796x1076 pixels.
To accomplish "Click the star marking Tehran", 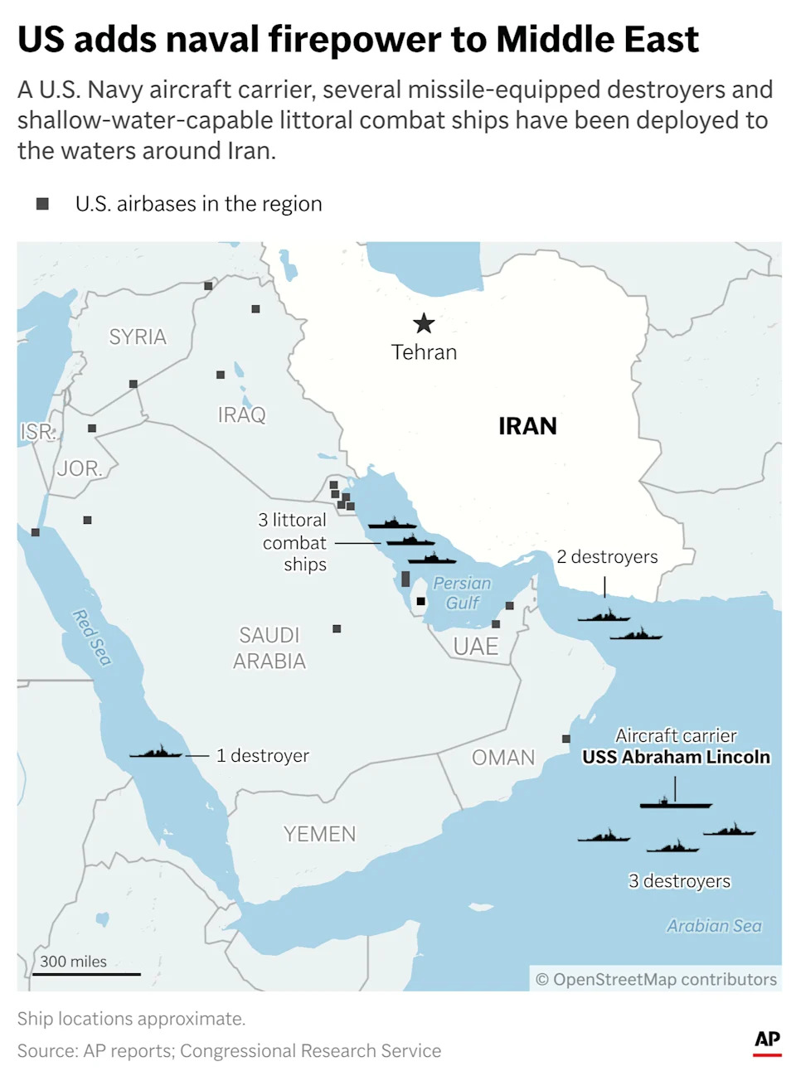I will pos(424,323).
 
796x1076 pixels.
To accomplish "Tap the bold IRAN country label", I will pos(527,426).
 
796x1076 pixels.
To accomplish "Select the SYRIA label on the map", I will pos(138,337).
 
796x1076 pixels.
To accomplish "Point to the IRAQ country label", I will pos(241,414).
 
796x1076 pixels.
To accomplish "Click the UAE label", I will pos(476,647).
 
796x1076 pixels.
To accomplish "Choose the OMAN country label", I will pos(503,758).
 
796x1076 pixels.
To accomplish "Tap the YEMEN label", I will pos(319,834).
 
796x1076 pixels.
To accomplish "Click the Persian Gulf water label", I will pos(462,593).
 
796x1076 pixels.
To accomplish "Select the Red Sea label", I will pos(91,637).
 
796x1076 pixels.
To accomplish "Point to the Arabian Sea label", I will pos(714,926).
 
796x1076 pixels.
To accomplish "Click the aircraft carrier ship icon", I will pos(675,802).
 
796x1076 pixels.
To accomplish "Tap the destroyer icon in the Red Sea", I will pos(156,753).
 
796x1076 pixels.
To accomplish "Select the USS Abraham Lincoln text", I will pos(676,757).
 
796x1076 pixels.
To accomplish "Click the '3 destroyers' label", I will pos(679,881).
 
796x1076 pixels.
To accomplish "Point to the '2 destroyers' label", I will pos(607,557).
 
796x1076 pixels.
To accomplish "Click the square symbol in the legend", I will pos(42,204).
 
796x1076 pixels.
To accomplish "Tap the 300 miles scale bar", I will pos(86,973).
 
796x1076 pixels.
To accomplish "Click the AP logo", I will pos(767,1041).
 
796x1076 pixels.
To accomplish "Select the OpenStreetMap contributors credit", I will pos(656,979).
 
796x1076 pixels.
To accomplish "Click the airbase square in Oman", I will pos(566,739).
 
